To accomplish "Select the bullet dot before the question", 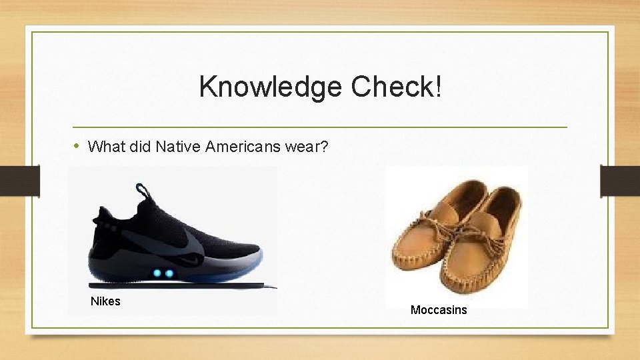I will [77, 145].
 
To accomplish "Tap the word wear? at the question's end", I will [306, 146].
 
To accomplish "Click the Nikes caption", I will [105, 301].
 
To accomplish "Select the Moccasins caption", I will [439, 310].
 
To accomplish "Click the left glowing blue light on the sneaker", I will [157, 273].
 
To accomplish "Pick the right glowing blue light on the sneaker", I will [169, 273].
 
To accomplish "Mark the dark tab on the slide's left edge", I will [19, 181].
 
